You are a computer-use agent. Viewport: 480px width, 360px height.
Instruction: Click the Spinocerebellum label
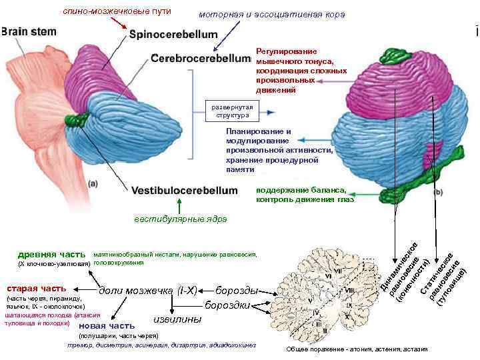(173, 34)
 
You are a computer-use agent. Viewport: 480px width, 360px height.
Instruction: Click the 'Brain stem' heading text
(29, 31)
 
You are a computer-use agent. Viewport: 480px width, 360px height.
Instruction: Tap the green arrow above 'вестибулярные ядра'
(179, 205)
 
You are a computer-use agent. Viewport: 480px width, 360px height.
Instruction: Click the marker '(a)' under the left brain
(93, 183)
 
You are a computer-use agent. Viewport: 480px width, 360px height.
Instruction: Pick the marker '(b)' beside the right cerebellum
(438, 192)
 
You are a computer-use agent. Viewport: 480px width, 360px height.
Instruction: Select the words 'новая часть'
(107, 325)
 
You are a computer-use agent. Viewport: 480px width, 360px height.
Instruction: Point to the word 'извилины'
(177, 319)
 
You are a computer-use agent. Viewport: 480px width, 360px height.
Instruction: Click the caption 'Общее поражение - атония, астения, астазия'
(357, 349)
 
